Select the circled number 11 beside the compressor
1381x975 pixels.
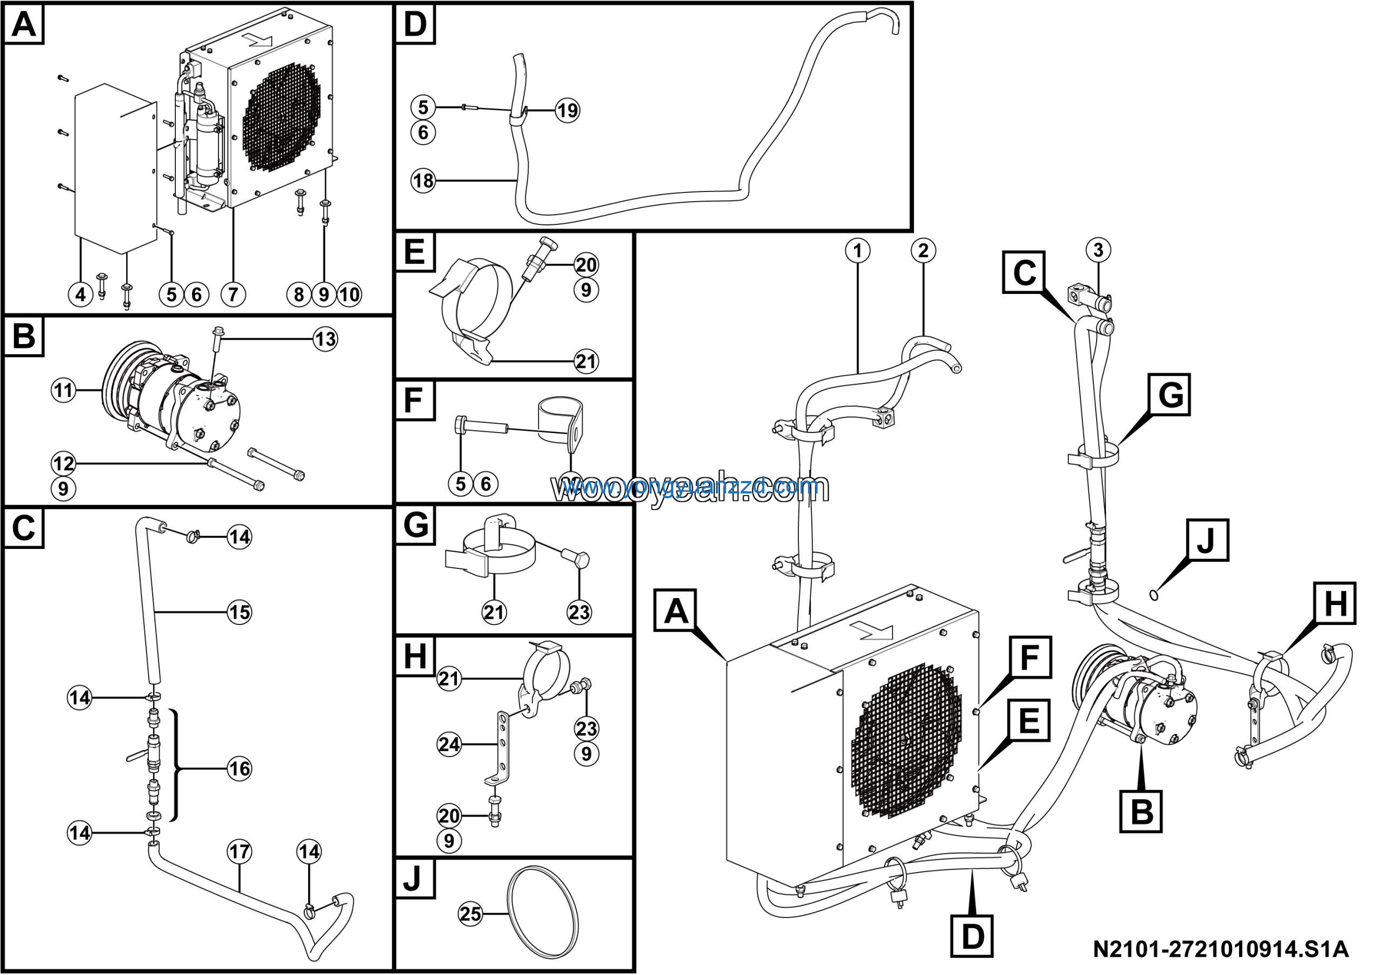(63, 391)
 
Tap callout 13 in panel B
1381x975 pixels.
(325, 339)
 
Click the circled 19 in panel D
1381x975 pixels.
(567, 110)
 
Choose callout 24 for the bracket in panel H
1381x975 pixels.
(449, 745)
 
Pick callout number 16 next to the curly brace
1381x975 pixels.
(240, 768)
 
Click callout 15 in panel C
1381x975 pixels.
(240, 613)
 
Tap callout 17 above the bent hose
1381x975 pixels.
(240, 851)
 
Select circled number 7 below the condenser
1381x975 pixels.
(233, 294)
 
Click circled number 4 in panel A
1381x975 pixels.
(80, 294)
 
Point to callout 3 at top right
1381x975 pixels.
(1098, 250)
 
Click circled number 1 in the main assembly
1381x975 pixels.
(857, 250)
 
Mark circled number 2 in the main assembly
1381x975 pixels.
(923, 250)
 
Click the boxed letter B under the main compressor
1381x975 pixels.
(1141, 812)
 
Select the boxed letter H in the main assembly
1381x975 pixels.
(1335, 603)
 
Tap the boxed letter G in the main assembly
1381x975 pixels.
(1170, 395)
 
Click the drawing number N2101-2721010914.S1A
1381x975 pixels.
(1220, 950)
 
